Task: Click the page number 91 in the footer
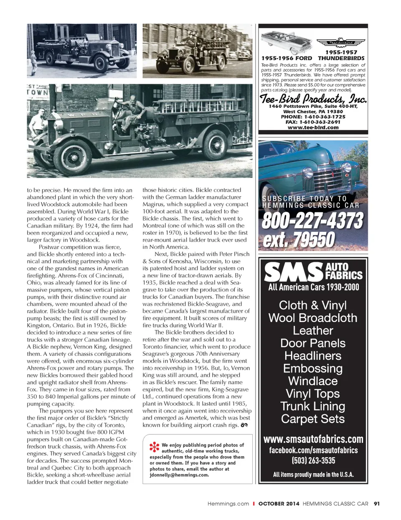pyautogui.click(x=377, y=504)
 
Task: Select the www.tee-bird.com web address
pyautogui.click(x=313, y=127)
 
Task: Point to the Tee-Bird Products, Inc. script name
pyautogui.click(x=313, y=99)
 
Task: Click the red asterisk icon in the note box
pyautogui.click(x=154, y=447)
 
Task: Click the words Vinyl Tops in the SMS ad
pyautogui.click(x=313, y=393)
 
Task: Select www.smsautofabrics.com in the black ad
pyautogui.click(x=313, y=439)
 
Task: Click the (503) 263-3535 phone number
pyautogui.click(x=313, y=461)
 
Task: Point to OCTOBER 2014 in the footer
pyautogui.click(x=279, y=504)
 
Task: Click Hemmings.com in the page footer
pyautogui.click(x=228, y=504)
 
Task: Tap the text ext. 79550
pyautogui.click(x=299, y=240)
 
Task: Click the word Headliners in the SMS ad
pyautogui.click(x=313, y=356)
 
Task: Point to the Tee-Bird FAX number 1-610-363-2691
pyautogui.click(x=313, y=122)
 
